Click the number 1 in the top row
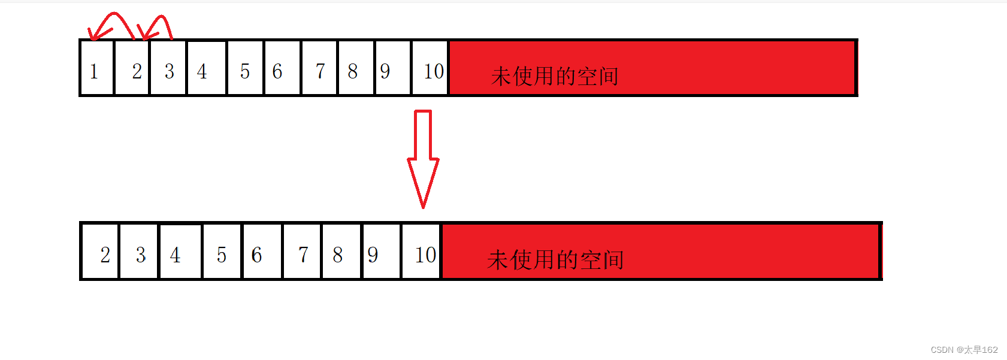pos(94,72)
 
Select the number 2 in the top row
pos(137,71)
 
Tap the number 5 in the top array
pos(245,71)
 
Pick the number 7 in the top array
pos(320,71)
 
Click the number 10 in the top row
pos(434,71)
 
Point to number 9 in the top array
pos(385,71)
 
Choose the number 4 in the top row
pos(202,71)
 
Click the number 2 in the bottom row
pos(105,255)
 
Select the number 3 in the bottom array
pos(141,255)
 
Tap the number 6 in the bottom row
pos(257,255)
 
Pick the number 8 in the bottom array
pos(338,255)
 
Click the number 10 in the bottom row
pos(425,255)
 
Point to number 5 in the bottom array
pos(222,255)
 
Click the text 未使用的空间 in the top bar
pos(554,76)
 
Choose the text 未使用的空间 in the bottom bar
pos(555,260)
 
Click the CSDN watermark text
pos(964,350)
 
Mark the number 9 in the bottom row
pos(373,255)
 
